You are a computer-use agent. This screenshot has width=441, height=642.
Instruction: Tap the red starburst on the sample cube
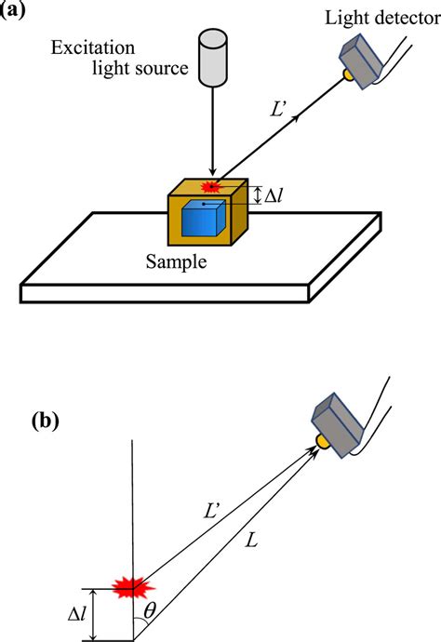[x=214, y=186]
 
